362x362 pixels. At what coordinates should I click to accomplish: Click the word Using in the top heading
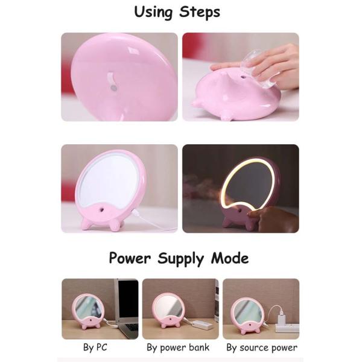click(153, 12)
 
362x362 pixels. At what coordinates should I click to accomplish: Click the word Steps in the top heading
click(200, 12)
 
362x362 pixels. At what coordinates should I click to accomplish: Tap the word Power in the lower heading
click(130, 258)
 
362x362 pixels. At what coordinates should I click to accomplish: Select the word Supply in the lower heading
click(180, 259)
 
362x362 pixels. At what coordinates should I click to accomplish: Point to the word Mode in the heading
click(230, 258)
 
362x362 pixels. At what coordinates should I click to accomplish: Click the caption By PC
click(95, 348)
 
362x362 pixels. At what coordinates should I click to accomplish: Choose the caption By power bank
click(178, 348)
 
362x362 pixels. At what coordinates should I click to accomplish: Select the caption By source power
click(262, 348)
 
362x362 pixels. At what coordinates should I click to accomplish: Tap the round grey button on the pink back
click(113, 88)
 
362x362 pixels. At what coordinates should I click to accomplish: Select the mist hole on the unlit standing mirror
click(102, 210)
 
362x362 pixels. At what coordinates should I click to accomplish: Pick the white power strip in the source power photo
click(287, 328)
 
